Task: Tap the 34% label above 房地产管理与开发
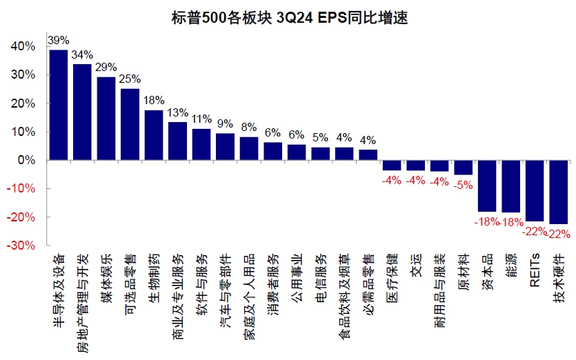83,54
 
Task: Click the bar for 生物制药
154,135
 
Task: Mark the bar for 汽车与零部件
225,147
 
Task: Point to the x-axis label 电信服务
321,276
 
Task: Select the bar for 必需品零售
368,154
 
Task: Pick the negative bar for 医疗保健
392,165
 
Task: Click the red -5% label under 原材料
464,184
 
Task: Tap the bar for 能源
511,186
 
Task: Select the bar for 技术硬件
559,192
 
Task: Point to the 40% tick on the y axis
23,46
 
